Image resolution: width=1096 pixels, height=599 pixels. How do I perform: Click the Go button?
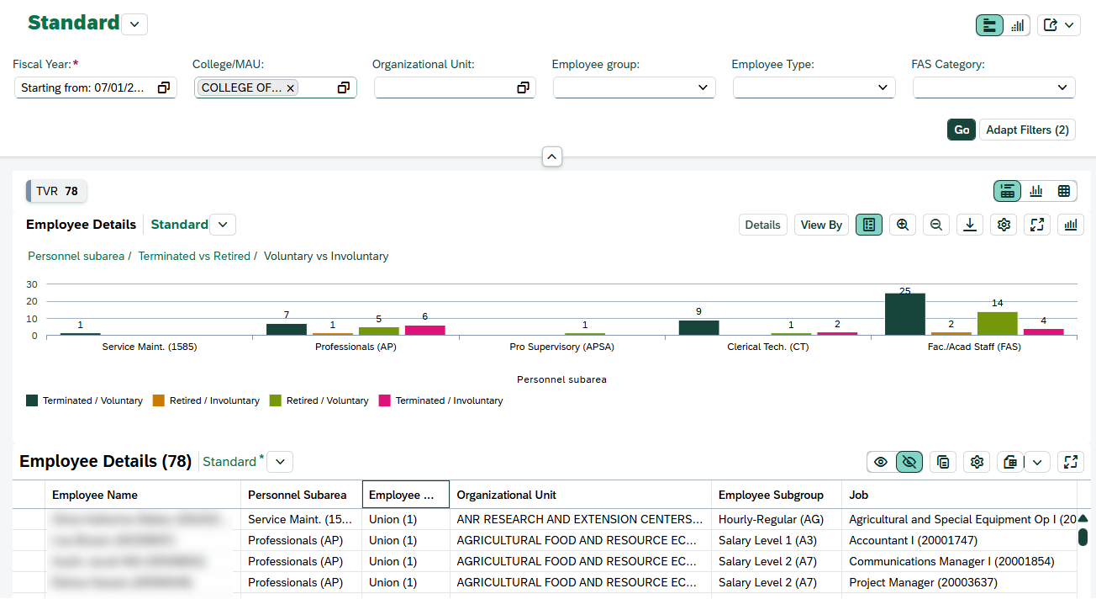tap(962, 130)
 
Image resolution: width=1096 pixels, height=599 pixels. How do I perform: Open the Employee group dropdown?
tap(634, 87)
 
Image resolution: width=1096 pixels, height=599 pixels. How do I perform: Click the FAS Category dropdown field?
tap(993, 87)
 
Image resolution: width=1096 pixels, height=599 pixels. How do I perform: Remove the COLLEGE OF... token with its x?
tap(291, 87)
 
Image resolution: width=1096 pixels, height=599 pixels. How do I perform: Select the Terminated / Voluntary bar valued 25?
tap(904, 315)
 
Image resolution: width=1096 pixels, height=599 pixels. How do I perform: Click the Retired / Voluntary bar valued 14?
tap(997, 324)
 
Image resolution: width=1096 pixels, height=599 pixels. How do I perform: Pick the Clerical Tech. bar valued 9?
tap(698, 327)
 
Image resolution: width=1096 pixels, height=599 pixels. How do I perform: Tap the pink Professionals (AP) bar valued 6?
tap(424, 330)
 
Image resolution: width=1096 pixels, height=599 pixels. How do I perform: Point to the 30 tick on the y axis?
tap(32, 284)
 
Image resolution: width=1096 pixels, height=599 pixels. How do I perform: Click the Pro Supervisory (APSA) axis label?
tap(561, 347)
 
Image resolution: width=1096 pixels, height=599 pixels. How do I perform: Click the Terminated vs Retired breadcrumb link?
tap(194, 256)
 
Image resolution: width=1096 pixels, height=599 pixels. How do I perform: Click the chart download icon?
tap(970, 225)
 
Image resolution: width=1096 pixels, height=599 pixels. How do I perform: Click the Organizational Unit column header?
tap(506, 495)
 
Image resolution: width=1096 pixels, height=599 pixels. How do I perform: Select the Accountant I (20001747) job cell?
tap(913, 540)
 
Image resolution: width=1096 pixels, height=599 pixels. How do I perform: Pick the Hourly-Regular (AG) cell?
tap(767, 519)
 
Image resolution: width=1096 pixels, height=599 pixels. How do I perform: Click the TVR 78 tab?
tap(56, 191)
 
